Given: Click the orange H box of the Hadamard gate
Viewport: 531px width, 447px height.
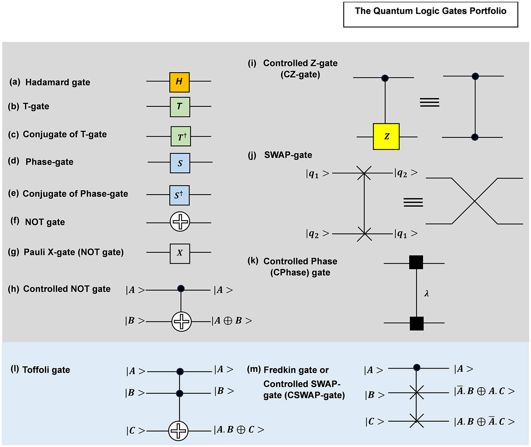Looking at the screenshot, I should (x=179, y=82).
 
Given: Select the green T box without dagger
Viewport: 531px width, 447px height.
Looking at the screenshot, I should (x=180, y=106).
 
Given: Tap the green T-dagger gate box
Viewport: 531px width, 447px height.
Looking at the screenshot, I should (x=181, y=136).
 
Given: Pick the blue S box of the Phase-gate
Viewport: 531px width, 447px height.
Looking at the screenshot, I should (x=180, y=163).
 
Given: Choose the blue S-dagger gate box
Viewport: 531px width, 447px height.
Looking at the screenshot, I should (x=179, y=195).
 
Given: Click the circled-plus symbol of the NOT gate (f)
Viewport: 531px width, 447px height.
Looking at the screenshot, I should (x=180, y=222).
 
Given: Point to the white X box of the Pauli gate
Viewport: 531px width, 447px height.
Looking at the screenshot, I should (x=180, y=253).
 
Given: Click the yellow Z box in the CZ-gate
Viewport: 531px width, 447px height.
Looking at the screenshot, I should (x=386, y=137).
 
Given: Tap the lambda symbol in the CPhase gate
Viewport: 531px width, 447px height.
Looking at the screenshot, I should (x=427, y=293).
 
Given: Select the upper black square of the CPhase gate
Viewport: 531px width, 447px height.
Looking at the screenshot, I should (x=416, y=262).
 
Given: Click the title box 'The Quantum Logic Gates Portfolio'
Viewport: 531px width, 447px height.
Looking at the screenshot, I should (x=430, y=15).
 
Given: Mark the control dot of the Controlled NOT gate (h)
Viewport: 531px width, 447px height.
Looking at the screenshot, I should (x=181, y=289).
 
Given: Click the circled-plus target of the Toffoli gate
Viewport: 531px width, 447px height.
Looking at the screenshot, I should (x=178, y=431).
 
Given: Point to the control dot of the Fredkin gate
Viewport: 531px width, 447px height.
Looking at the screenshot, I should (x=417, y=368).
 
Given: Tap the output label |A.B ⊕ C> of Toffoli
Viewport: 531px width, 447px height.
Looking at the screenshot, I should (x=239, y=430).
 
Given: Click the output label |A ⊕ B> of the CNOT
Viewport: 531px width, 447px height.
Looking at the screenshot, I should (x=232, y=321).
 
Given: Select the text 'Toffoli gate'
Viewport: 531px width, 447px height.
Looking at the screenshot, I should (x=46, y=370).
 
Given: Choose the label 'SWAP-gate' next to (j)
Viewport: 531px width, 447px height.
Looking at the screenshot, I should (x=288, y=155).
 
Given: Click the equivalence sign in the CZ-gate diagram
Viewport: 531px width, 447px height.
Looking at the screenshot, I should (x=429, y=102).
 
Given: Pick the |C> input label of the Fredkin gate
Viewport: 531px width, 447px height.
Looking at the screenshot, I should (x=374, y=422).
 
